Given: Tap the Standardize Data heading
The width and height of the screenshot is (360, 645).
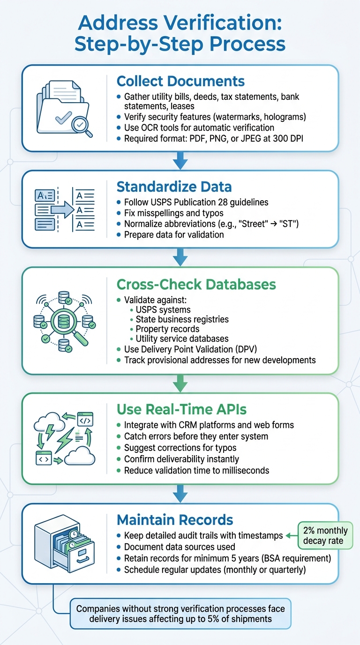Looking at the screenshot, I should point(174,187).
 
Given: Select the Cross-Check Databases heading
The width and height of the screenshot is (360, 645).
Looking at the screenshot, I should point(196,284).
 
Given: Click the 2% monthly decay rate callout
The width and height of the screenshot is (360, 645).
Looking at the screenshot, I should point(325,536).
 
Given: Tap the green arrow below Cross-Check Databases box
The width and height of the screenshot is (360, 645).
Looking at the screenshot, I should point(180,383).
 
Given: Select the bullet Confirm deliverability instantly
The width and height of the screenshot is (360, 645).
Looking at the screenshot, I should point(181,459).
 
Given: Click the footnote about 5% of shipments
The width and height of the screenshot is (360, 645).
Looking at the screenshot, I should point(180,614).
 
